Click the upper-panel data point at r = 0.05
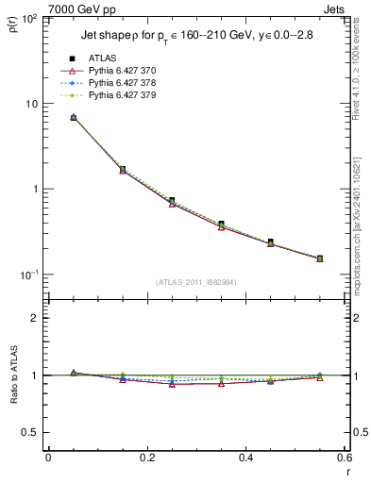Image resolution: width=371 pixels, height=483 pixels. point(74,118)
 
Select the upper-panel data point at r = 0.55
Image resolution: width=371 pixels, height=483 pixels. point(319,258)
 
